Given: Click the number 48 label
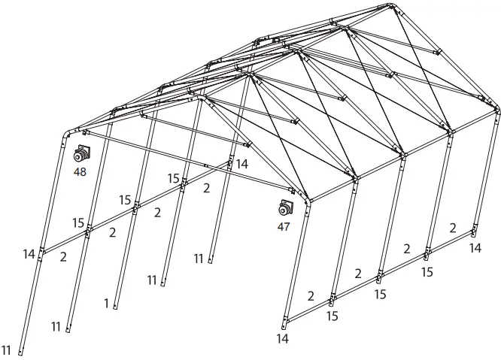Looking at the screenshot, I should (80, 171).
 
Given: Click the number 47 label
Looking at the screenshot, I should (284, 226).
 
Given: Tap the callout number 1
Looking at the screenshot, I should (107, 304).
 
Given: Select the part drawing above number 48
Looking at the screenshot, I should (81, 155).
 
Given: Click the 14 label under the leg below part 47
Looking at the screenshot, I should (282, 339).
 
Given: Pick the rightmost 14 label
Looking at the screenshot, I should (475, 247).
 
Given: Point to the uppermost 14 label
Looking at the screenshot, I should (241, 163).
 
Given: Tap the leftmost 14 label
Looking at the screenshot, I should (29, 255).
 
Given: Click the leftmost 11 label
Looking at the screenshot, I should (7, 349).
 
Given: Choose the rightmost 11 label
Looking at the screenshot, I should (199, 259).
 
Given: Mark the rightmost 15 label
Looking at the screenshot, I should (427, 272).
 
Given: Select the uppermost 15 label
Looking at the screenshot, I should (174, 179).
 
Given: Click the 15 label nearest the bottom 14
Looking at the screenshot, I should (332, 316).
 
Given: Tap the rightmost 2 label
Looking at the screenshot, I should (452, 228).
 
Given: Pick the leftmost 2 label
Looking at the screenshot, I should (63, 257).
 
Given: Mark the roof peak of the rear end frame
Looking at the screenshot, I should (393, 7).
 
